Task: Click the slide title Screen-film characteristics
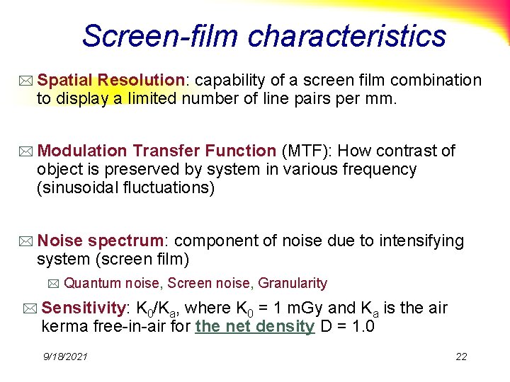263,35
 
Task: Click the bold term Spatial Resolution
110,81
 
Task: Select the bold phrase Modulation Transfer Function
157,151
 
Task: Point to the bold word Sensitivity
83,308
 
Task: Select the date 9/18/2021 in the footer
64,357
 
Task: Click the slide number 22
461,357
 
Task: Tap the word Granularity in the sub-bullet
293,284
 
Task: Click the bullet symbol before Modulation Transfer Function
26,151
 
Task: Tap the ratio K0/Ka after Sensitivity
157,308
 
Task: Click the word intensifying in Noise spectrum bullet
421,241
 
